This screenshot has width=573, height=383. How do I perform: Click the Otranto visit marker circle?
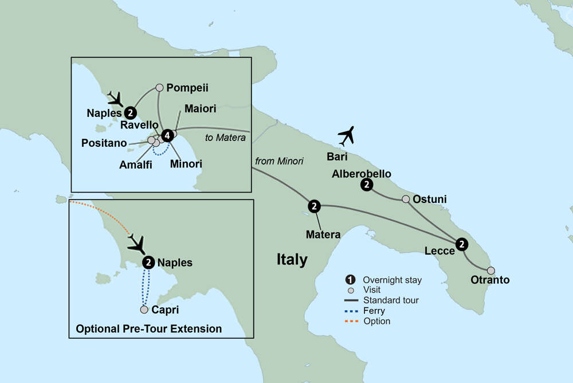[490, 270]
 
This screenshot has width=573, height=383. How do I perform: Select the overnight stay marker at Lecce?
[462, 245]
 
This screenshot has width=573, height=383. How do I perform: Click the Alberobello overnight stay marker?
[367, 185]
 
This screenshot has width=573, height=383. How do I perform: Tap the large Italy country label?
[292, 259]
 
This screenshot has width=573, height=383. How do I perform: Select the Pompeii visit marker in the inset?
[160, 88]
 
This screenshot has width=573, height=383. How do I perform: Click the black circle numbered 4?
[167, 136]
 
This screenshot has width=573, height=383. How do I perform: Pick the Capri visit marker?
[144, 310]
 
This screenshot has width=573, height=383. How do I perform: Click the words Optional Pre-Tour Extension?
[149, 329]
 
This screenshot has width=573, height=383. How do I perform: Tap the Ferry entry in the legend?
[374, 311]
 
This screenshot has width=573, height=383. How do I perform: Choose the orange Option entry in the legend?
[376, 321]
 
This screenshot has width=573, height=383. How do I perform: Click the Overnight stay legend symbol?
[350, 280]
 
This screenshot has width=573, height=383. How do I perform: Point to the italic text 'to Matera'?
[225, 138]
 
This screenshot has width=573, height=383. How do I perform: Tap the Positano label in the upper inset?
[104, 143]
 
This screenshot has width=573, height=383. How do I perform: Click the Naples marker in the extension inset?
[148, 263]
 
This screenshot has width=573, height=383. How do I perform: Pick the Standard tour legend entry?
[391, 300]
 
